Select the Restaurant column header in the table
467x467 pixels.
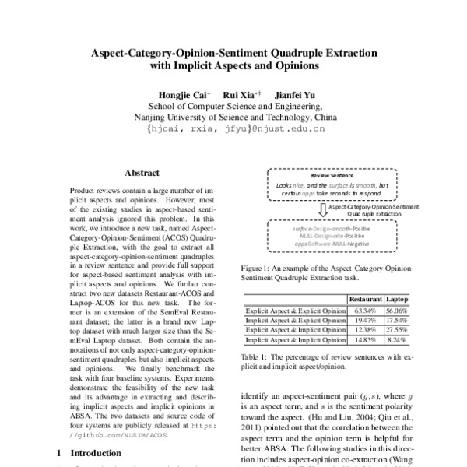pos(366,298)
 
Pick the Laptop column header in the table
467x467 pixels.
pos(399,298)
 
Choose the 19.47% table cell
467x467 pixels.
pos(366,319)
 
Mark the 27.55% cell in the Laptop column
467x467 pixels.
pos(399,329)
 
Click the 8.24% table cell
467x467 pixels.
pos(399,340)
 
